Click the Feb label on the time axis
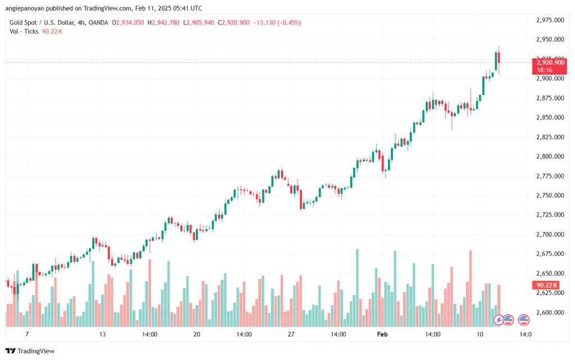pos(382,334)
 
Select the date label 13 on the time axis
pos(102,334)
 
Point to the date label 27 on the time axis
pos(290,334)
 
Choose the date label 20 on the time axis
pos(197,334)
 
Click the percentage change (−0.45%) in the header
pos(286,22)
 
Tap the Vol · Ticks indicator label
pos(23,31)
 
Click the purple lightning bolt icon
pos(498,320)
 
